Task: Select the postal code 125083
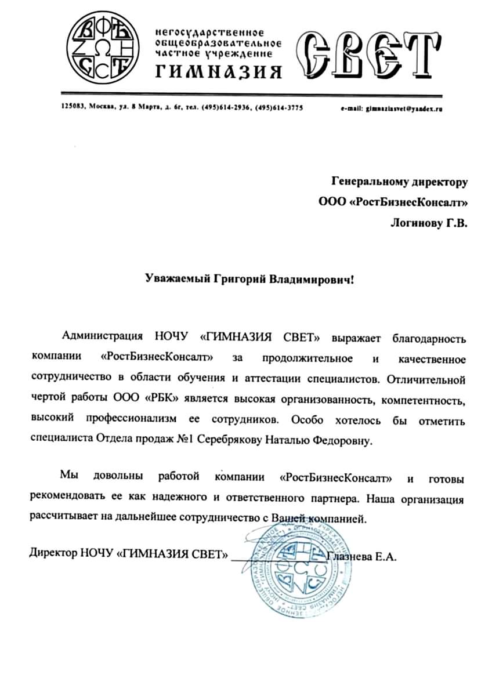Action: pos(73,107)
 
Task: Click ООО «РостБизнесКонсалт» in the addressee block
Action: pos(393,202)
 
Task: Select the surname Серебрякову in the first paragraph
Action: pos(230,440)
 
